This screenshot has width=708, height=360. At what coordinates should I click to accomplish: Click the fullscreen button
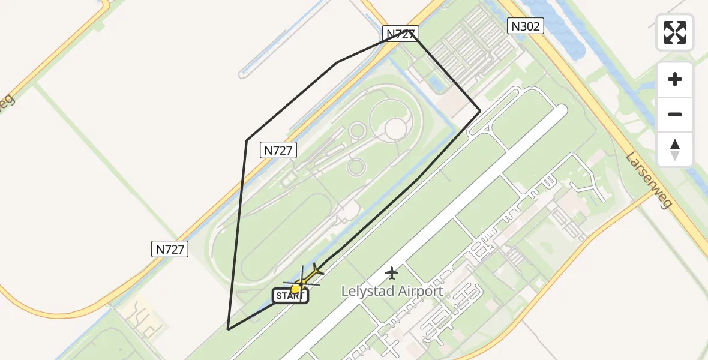(675, 32)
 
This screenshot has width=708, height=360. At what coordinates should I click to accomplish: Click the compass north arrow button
(675, 149)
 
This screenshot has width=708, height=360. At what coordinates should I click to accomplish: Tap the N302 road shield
(526, 26)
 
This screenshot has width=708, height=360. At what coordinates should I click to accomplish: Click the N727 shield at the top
(400, 34)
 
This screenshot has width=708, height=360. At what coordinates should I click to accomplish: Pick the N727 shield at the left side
(170, 249)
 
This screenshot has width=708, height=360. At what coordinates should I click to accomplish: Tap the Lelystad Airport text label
(392, 292)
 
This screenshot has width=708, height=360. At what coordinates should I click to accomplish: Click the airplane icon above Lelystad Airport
(392, 273)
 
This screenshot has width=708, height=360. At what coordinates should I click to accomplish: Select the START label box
(290, 296)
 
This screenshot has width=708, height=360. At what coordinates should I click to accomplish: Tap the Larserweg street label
(648, 180)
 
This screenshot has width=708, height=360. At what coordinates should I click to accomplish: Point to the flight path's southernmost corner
(228, 329)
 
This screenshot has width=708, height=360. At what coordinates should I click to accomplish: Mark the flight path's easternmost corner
(479, 111)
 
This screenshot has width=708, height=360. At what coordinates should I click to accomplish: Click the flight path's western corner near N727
(247, 140)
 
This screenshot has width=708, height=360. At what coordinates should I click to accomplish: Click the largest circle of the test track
(395, 128)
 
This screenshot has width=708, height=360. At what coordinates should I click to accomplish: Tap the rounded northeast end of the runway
(560, 112)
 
